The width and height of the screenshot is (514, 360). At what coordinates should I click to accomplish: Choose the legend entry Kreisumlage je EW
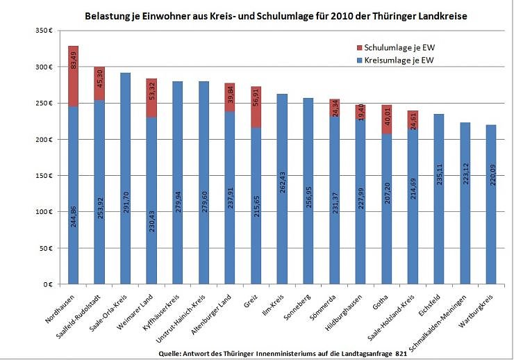[397, 61]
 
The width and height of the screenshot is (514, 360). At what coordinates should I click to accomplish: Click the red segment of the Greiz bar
[256, 107]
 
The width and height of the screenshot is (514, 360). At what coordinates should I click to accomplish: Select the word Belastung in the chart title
[111, 15]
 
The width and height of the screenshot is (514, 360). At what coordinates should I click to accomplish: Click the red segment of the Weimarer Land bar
[151, 98]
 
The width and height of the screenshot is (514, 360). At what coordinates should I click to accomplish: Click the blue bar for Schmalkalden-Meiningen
[465, 222]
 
